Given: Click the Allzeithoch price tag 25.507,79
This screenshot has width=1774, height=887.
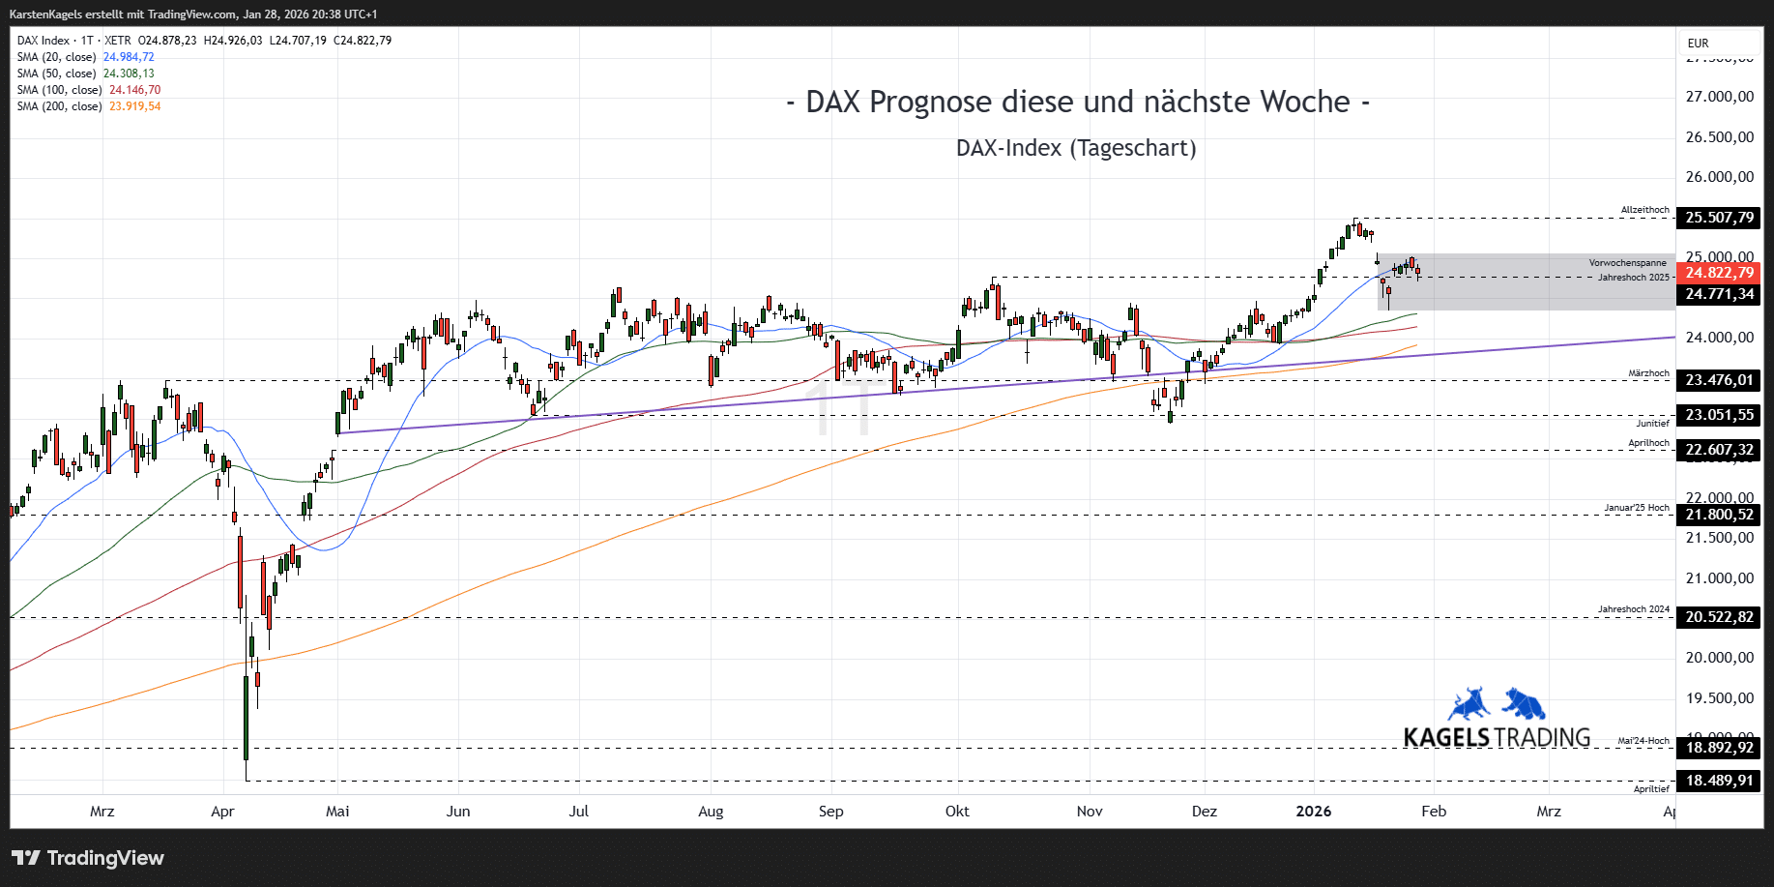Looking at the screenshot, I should click(x=1719, y=218).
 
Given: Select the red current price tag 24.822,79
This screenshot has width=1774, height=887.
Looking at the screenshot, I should click(x=1719, y=273).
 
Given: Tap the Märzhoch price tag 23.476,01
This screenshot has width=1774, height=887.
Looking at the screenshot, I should click(x=1719, y=380).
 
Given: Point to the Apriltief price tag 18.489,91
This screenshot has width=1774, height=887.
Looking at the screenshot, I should click(x=1719, y=781).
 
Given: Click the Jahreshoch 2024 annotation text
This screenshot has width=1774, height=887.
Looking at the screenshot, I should click(x=1633, y=609).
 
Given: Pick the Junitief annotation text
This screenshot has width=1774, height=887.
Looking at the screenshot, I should click(x=1652, y=423).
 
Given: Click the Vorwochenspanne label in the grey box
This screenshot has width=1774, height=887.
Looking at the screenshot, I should click(x=1627, y=263).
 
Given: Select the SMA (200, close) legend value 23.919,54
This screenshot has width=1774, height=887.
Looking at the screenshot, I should click(x=134, y=106).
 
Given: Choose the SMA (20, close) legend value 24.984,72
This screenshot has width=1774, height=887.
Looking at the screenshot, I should click(x=129, y=57).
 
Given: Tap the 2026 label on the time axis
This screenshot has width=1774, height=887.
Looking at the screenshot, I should click(x=1313, y=812).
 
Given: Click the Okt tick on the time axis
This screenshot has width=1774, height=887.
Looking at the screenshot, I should click(x=957, y=812).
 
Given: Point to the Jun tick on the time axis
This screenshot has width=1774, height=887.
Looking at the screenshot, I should click(x=458, y=812).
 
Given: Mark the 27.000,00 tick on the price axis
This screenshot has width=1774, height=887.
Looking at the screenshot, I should click(x=1719, y=97).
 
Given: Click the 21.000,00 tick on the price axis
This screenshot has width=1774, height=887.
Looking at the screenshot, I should click(x=1719, y=578).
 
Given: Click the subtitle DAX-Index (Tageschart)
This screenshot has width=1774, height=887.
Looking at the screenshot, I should click(x=1076, y=148).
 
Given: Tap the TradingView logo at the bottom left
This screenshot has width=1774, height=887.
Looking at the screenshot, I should click(x=88, y=858).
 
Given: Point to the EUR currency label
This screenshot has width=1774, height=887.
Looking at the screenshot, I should click(x=1698, y=44).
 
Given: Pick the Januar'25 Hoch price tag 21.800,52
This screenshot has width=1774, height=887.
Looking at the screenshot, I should click(x=1719, y=515).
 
